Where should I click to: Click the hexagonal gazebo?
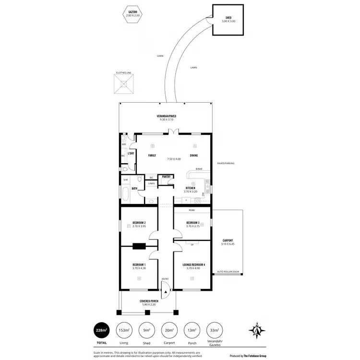tap(133, 14)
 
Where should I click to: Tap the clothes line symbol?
tap(124, 86)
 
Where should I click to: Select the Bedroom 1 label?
tap(139, 264)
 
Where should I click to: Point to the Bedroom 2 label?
tap(139, 222)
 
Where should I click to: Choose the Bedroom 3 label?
tap(193, 222)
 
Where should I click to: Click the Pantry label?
tap(167, 177)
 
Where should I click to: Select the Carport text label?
tap(228, 240)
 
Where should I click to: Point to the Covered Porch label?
tap(149, 301)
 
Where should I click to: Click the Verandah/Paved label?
tap(166, 116)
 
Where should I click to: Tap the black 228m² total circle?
tap(102, 330)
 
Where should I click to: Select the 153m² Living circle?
tap(124, 330)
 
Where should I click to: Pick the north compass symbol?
tap(257, 330)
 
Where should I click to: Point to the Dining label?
tap(194, 156)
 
